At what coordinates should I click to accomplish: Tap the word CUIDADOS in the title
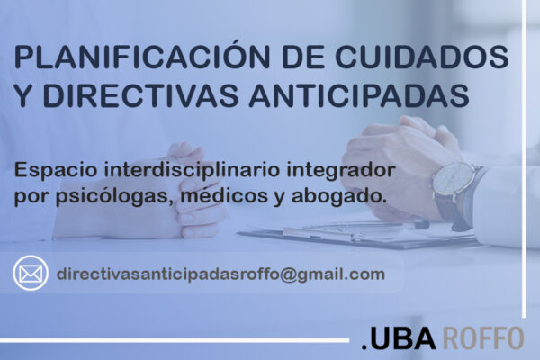coord(422,57)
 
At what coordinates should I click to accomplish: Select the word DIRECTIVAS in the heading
coord(140,94)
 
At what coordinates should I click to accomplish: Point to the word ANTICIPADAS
coord(359,94)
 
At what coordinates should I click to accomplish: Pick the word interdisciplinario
coord(192,170)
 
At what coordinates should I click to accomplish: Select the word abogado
coord(337,197)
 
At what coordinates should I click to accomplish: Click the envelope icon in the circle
coord(31,274)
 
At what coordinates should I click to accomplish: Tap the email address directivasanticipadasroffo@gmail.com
coord(220,274)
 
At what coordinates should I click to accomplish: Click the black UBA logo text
coord(399,338)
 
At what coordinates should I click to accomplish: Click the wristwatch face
coord(454,181)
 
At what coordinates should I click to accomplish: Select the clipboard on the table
coord(358,235)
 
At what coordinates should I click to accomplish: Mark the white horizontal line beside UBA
coord(175,340)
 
